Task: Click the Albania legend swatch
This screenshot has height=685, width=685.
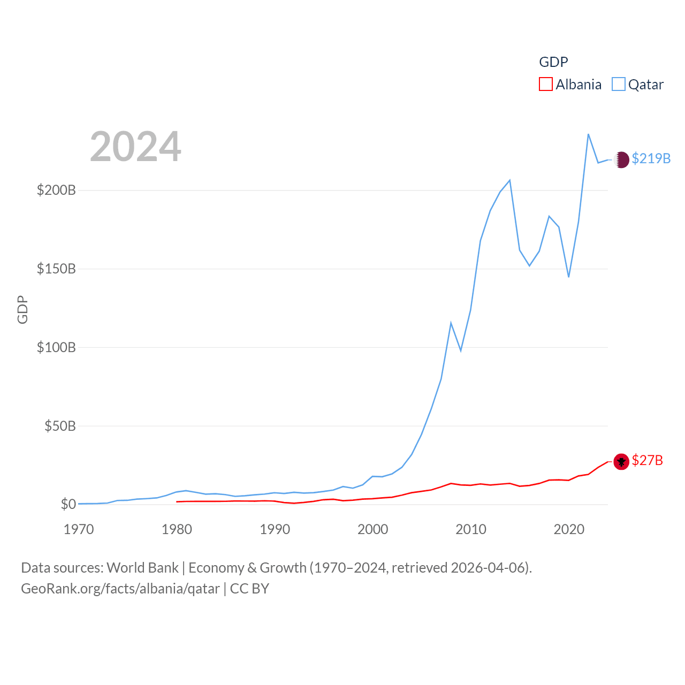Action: click(x=545, y=85)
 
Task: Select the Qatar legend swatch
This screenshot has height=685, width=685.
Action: click(x=618, y=85)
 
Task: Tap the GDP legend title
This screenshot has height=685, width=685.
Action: click(x=553, y=62)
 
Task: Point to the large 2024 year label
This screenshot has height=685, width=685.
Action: click(x=135, y=147)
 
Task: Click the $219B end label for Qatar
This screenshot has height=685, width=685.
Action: click(x=651, y=159)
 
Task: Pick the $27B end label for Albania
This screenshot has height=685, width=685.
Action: click(x=647, y=461)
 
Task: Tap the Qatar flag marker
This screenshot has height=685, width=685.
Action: click(x=621, y=159)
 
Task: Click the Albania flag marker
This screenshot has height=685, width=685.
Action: click(x=621, y=461)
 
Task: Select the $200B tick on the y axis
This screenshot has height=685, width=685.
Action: click(x=56, y=191)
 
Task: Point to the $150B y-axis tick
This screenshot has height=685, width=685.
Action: click(x=56, y=269)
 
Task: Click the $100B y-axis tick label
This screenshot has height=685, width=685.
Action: click(x=56, y=348)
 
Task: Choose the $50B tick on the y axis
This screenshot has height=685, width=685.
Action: click(x=60, y=427)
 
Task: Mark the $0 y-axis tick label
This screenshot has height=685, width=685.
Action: click(x=68, y=505)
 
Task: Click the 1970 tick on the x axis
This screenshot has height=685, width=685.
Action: click(x=79, y=530)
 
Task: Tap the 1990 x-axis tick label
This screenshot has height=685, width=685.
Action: click(x=275, y=530)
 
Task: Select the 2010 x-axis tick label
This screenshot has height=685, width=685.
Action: click(x=471, y=530)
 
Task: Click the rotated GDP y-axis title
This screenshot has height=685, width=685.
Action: click(x=22, y=309)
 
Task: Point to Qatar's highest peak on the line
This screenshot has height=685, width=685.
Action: click(x=588, y=134)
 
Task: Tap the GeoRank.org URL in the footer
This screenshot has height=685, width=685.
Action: click(x=120, y=589)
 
